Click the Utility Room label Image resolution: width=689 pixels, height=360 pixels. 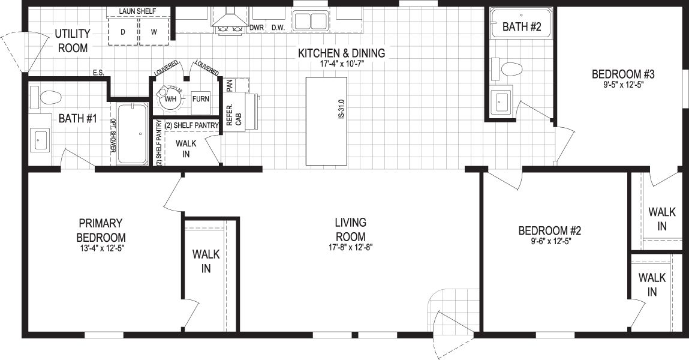[x=73, y=40]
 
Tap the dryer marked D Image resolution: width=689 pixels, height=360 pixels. [x=123, y=32]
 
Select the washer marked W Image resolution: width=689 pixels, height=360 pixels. [x=154, y=32]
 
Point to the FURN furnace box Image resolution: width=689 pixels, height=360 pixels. [x=200, y=99]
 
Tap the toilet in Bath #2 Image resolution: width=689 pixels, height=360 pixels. [x=507, y=69]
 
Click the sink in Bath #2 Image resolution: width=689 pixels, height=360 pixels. [x=501, y=102]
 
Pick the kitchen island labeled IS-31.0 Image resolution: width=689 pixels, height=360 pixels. [x=326, y=121]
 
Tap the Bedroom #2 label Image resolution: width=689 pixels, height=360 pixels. [x=550, y=230]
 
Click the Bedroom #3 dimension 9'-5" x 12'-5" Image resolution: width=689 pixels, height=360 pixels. [x=623, y=85]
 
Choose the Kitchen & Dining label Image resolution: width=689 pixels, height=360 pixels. [x=341, y=53]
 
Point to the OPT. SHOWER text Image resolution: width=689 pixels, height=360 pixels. [x=113, y=136]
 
